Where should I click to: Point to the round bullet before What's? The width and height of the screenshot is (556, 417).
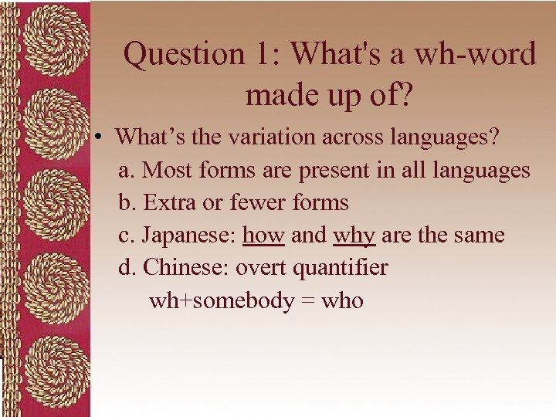[x=100, y=137]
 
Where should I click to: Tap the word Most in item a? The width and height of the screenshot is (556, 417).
[x=168, y=169]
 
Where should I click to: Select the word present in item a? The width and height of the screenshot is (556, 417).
[x=337, y=169]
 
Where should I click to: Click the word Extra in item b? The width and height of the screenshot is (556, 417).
[x=168, y=202]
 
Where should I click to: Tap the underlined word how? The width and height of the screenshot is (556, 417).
[x=263, y=235]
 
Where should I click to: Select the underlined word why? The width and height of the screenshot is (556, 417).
[x=354, y=235]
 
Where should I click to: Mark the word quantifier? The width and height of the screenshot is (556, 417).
[x=344, y=268]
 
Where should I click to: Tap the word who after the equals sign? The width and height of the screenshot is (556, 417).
[x=342, y=300]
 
